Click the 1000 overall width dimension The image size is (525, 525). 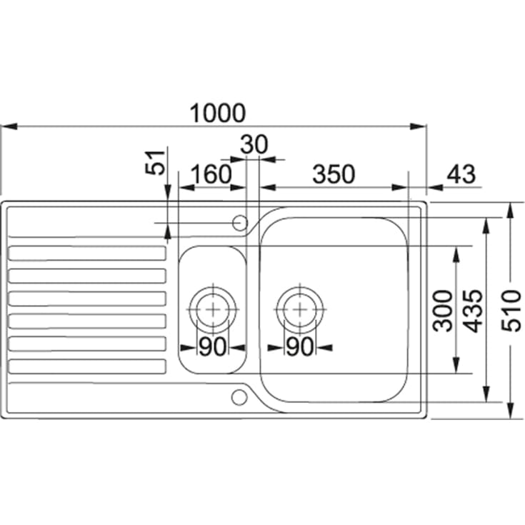(x=218, y=113)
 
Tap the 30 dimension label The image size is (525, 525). (x=254, y=144)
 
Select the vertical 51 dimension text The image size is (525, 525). (x=156, y=163)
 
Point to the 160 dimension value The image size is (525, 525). (x=211, y=174)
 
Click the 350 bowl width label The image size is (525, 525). (x=334, y=174)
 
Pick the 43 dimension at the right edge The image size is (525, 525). (x=461, y=174)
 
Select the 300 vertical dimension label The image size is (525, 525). (x=442, y=311)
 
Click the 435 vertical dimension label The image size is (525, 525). (x=474, y=311)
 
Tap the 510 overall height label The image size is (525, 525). (x=511, y=311)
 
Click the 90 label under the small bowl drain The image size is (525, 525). (x=213, y=346)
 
